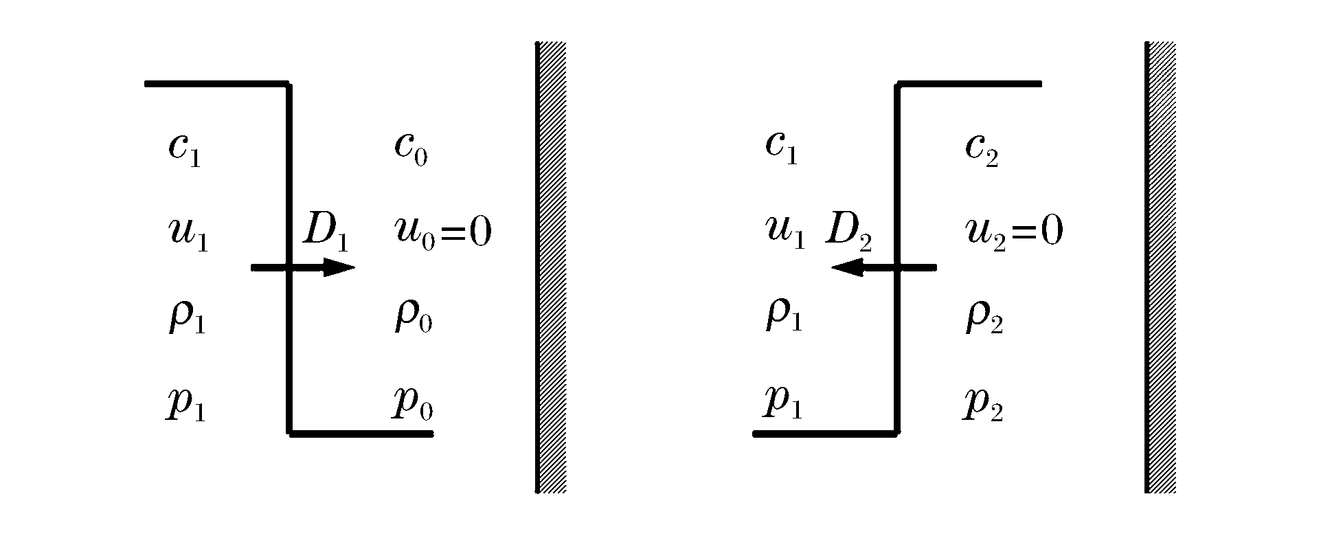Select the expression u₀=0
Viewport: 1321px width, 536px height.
[x=443, y=233]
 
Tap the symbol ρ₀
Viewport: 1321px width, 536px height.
[x=413, y=317]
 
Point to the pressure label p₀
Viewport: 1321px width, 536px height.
[x=413, y=404]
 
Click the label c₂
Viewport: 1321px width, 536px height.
[x=982, y=149]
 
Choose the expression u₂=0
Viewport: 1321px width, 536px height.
[x=1015, y=233]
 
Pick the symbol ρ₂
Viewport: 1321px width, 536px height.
[x=984, y=317]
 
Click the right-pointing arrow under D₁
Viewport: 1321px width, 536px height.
[x=304, y=267]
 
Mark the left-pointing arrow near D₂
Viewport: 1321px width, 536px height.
[x=883, y=267]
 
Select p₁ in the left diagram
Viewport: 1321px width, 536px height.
[x=186, y=404]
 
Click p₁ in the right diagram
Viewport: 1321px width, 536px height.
[x=783, y=404]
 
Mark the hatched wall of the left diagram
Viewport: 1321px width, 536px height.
[x=551, y=267]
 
